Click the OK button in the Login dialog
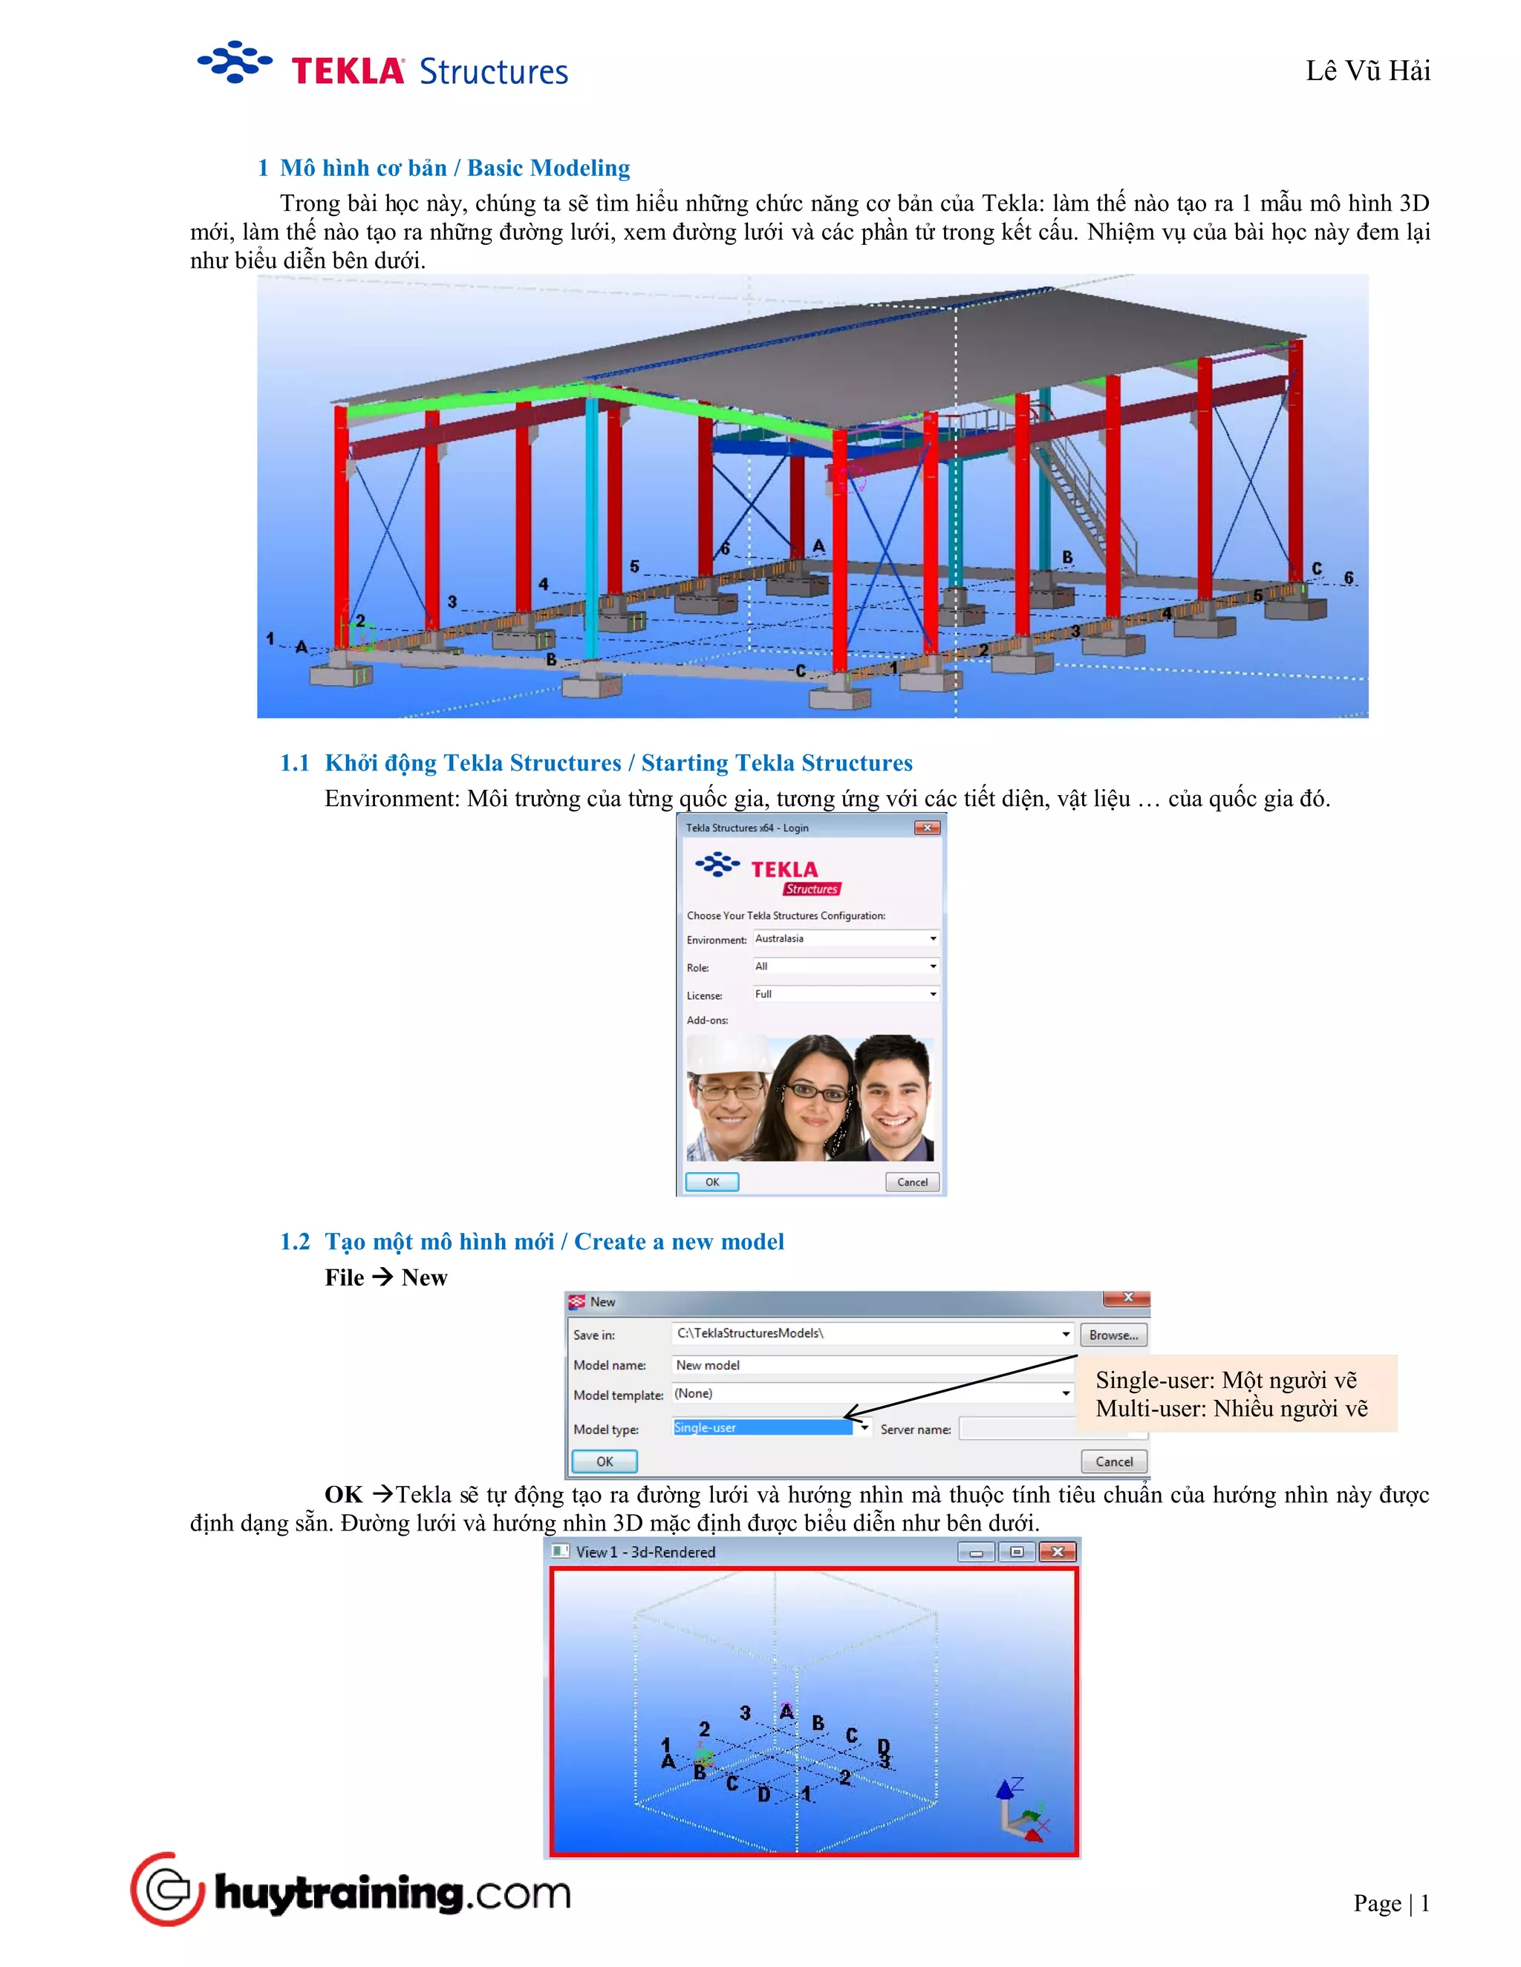pyautogui.click(x=711, y=1182)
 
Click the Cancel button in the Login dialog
pyautogui.click(x=912, y=1182)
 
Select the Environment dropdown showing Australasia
pyautogui.click(x=845, y=938)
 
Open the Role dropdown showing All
pyautogui.click(x=845, y=966)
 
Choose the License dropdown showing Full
pyautogui.click(x=845, y=995)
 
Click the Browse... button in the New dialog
pyautogui.click(x=1113, y=1335)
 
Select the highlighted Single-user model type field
pyautogui.click(x=761, y=1427)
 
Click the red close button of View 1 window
pyautogui.click(x=1057, y=1552)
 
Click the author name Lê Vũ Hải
pyautogui.click(x=1367, y=71)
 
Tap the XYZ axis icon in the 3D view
pyautogui.click(x=1020, y=1810)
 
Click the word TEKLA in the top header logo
pyautogui.click(x=347, y=71)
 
